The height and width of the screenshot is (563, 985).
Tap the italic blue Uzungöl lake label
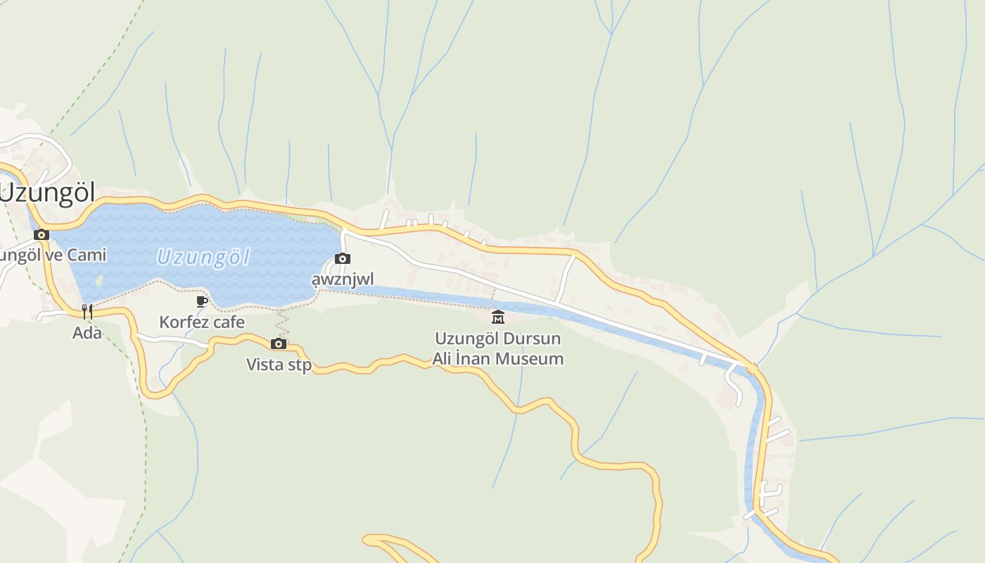coord(203,257)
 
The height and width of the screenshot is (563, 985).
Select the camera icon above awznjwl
coord(343,259)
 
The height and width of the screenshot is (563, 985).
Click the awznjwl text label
coord(343,279)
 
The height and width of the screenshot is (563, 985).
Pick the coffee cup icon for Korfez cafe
coord(202,302)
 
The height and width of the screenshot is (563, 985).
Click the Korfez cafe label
coord(202,322)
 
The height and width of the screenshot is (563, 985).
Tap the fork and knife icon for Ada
coord(87,311)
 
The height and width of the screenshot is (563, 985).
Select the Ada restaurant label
coord(87,332)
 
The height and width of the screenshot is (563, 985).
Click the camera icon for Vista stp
coord(279,343)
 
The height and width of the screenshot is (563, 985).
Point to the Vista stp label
coord(279,365)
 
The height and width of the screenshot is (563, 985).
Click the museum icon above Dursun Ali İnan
coord(498,317)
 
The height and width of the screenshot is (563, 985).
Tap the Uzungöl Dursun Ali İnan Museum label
coord(498,348)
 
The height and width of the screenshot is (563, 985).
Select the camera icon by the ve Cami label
coord(42,234)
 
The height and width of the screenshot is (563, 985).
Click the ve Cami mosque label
coord(53,255)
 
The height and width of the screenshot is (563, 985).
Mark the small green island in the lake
coord(99,280)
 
